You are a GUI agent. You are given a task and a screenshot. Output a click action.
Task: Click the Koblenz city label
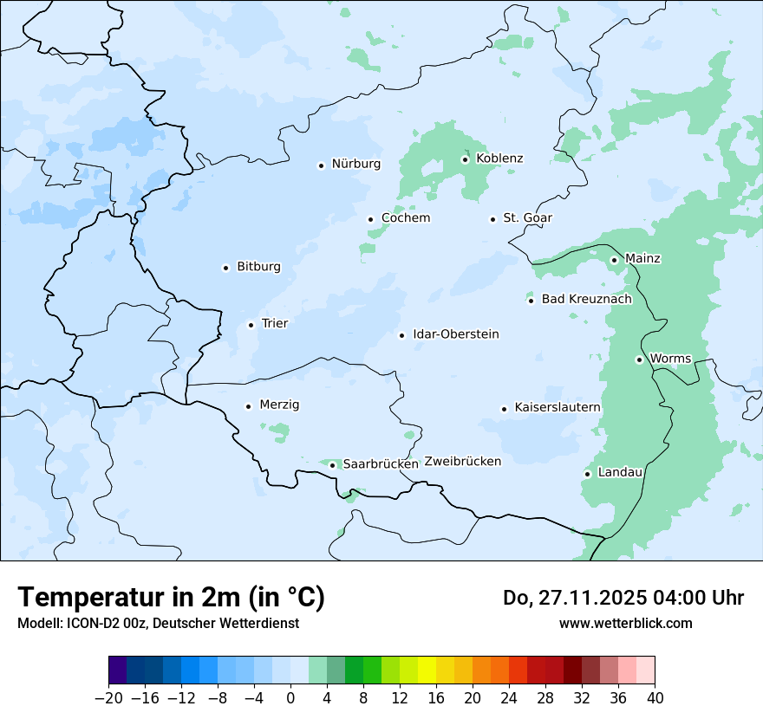[x=499, y=159]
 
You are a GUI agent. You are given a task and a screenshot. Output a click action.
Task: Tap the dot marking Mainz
[x=614, y=260]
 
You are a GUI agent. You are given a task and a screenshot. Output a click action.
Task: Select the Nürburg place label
[x=355, y=164]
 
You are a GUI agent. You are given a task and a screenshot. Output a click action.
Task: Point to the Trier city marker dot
[x=251, y=325]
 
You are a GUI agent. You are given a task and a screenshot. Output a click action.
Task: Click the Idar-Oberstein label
[x=456, y=334]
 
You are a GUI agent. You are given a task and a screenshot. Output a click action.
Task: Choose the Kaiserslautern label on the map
[x=558, y=407]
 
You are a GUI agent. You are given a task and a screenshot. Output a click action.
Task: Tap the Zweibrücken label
[x=462, y=462]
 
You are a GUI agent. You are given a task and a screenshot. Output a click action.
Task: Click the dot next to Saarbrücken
[x=332, y=465]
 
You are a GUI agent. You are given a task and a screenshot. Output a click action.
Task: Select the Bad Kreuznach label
[x=586, y=299]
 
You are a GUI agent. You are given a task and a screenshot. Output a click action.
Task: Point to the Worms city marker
[x=639, y=359]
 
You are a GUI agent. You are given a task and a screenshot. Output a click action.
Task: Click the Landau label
[x=620, y=472]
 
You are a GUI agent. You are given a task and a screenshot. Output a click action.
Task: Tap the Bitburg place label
[x=258, y=267]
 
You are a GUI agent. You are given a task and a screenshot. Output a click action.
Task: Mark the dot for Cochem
[x=370, y=219]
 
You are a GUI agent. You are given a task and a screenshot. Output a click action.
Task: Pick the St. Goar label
[x=527, y=218]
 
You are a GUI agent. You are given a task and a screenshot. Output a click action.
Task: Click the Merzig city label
[x=279, y=405]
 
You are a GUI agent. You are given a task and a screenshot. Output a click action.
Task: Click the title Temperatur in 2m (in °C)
[x=171, y=597]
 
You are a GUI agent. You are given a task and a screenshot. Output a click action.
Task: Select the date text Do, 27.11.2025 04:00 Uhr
[x=623, y=598]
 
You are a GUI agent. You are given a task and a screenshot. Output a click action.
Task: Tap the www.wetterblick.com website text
[x=625, y=623]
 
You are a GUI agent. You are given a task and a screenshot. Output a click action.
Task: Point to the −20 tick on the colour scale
[x=109, y=698]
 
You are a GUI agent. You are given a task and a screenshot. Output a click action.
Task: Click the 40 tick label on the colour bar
[x=655, y=698]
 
